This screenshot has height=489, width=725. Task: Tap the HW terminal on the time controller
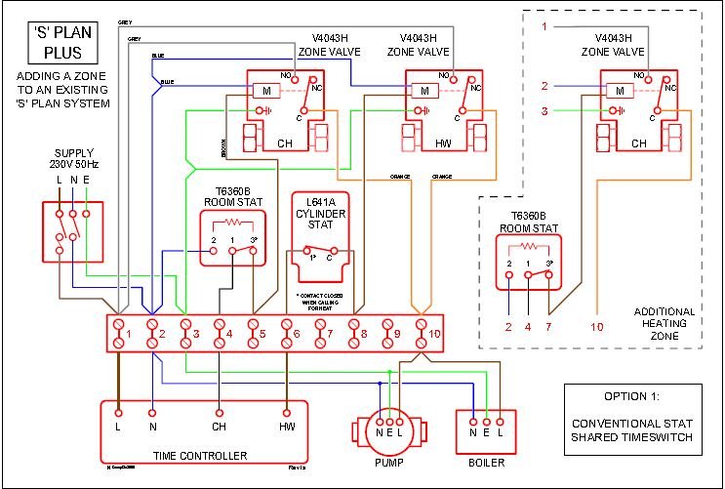click(287, 426)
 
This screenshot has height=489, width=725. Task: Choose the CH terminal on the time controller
click(219, 426)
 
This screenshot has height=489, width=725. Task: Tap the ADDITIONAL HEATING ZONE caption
click(664, 324)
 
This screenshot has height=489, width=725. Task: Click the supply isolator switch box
click(72, 231)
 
